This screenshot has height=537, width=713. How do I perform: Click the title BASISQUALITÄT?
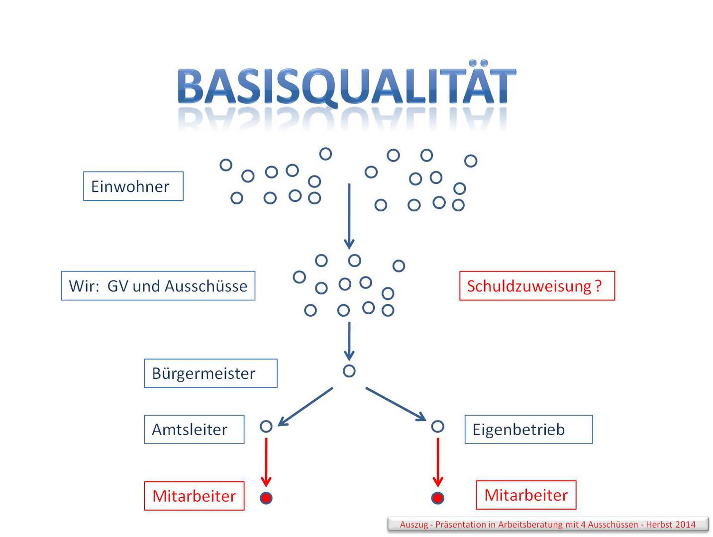pyautogui.click(x=346, y=87)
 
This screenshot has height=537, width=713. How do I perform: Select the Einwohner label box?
pyautogui.click(x=133, y=186)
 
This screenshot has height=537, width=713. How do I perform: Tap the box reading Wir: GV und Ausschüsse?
pyautogui.click(x=158, y=286)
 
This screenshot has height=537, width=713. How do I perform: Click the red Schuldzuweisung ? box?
pyautogui.click(x=537, y=286)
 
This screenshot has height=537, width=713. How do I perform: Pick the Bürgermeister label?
pyautogui.click(x=210, y=373)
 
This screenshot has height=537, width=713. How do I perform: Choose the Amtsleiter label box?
pyautogui.click(x=194, y=430)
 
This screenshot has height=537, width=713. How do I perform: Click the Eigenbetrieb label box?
pyautogui.click(x=528, y=430)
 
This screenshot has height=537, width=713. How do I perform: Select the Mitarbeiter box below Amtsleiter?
pyautogui.click(x=194, y=496)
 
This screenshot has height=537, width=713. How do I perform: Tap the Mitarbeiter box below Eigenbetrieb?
pyautogui.click(x=526, y=495)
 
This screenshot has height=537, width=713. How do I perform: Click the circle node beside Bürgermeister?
pyautogui.click(x=349, y=371)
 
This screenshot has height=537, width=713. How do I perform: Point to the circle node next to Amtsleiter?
pyautogui.click(x=266, y=426)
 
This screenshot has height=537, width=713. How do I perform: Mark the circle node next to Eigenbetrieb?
pyautogui.click(x=437, y=426)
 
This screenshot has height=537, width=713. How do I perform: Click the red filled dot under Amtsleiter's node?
pyautogui.click(x=266, y=498)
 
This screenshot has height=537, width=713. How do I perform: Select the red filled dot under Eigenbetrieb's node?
pyautogui.click(x=437, y=498)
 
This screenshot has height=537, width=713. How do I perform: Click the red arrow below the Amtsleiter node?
pyautogui.click(x=266, y=462)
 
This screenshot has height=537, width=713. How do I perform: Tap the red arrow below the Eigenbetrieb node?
pyautogui.click(x=438, y=462)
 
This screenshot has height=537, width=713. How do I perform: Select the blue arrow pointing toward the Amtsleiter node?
pyautogui.click(x=305, y=407)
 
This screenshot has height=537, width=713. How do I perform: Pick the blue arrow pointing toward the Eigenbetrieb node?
pyautogui.click(x=396, y=404)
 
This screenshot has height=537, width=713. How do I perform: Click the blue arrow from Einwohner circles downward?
pyautogui.click(x=349, y=216)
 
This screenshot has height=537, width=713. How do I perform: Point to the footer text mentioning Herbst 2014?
pyautogui.click(x=547, y=524)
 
